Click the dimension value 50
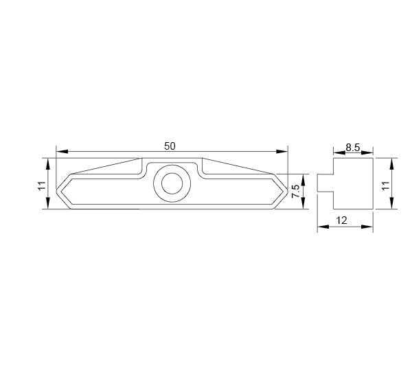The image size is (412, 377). coord(170,146)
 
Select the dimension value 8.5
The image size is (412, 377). coord(353,148)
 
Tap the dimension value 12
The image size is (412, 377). coord(341,220)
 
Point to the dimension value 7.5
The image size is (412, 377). coord(295,191)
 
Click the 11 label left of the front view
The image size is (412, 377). coord(42,186)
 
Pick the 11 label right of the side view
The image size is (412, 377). coord(385,185)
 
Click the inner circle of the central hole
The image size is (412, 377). coord(172,183)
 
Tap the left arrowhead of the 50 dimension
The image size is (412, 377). coord(62,152)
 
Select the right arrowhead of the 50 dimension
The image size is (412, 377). coord(282,152)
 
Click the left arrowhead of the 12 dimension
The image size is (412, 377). coord(323,227)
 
